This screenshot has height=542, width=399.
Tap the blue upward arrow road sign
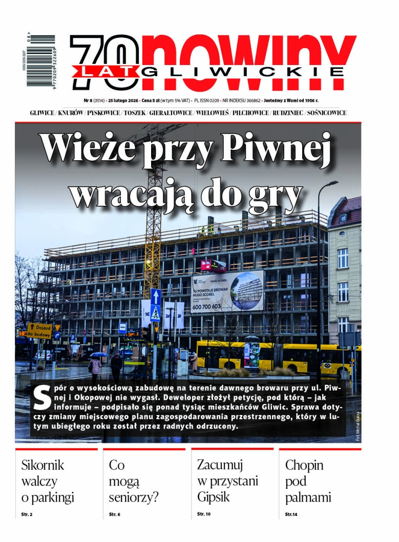[x=156, y=296]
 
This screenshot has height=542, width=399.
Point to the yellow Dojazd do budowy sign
[x=39, y=330]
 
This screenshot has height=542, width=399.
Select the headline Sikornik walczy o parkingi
[x=48, y=481]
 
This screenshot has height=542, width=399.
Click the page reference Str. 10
[x=204, y=513]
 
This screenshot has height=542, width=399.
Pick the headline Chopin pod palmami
[x=308, y=481]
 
